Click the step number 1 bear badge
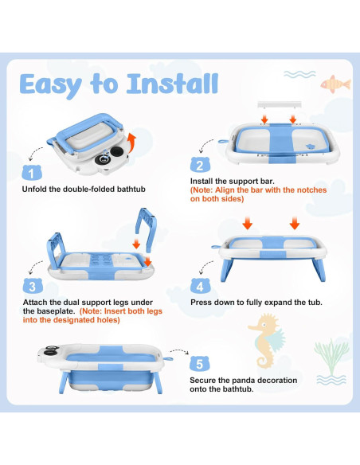coord(31,173)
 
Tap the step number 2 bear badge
coord(200,165)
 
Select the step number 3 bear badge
coord(33,286)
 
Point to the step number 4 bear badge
coord(200,286)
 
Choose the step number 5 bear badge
coord(200,363)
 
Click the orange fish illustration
coord(335,84)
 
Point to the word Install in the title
coord(172,84)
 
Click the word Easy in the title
coord(50,85)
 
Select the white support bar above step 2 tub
coord(280,104)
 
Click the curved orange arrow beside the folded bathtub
coord(131,142)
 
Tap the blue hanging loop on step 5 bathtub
coord(168,359)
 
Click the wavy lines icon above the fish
coord(299,74)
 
